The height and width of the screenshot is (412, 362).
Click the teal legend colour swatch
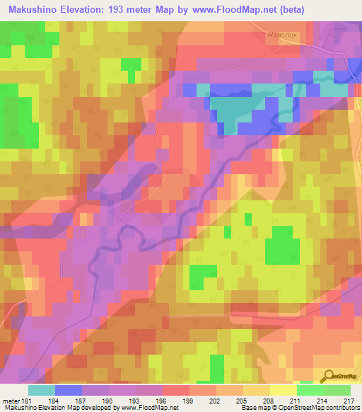pyautogui.click(x=42, y=390)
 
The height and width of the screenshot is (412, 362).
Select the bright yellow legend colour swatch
pyautogui.click(x=283, y=390)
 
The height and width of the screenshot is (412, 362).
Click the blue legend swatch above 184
pyautogui.click(x=69, y=390)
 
